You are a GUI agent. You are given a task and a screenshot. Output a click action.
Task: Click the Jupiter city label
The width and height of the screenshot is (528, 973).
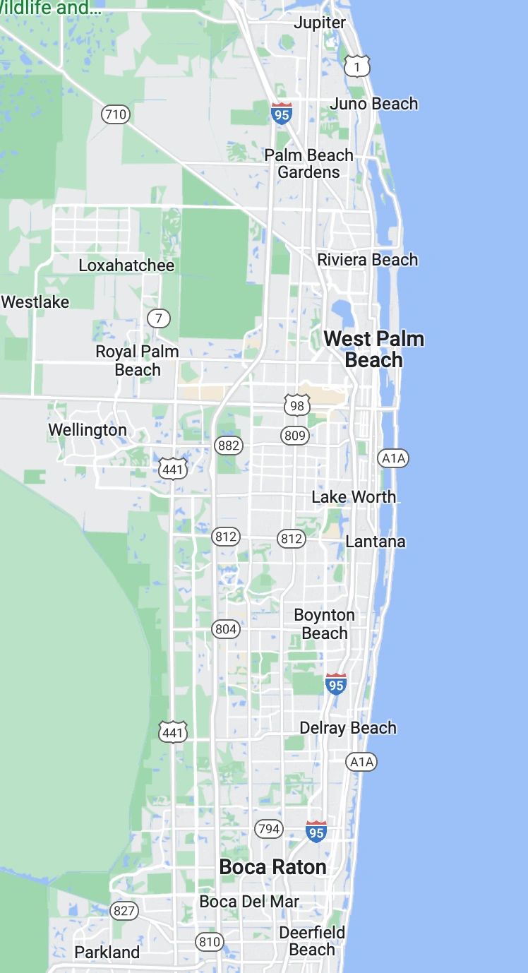(x=320, y=23)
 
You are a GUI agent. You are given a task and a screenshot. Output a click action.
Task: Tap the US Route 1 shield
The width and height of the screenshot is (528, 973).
(x=357, y=66)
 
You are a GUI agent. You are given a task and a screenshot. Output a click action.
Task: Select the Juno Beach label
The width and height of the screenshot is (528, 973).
(x=373, y=104)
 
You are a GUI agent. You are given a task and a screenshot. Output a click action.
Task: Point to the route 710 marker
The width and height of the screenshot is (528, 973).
(x=116, y=114)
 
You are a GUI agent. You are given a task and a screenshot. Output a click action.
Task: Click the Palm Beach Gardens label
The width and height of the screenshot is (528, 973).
(x=308, y=163)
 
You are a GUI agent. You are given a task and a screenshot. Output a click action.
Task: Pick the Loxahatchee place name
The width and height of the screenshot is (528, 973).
(x=126, y=265)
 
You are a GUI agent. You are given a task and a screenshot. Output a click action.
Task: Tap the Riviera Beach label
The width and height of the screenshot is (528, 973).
(x=367, y=260)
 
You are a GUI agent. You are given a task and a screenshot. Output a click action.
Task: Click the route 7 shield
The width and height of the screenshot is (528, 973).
(x=159, y=318)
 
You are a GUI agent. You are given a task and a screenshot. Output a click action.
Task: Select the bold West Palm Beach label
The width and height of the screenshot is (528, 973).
(x=373, y=349)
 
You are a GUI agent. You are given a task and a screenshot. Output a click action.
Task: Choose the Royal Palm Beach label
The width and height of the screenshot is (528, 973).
(x=138, y=360)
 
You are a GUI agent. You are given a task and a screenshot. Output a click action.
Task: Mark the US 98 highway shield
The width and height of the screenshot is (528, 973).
(x=297, y=405)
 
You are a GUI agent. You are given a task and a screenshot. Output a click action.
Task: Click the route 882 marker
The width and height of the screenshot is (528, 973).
(x=229, y=445)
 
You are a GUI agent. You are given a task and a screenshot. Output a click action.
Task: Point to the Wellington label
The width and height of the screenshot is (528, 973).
(x=88, y=429)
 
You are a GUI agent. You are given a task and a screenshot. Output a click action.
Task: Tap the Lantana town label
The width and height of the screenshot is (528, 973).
(x=376, y=542)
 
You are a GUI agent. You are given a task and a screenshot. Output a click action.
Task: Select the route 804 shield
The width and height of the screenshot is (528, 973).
(x=226, y=628)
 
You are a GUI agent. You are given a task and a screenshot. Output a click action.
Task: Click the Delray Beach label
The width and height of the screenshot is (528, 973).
(x=348, y=727)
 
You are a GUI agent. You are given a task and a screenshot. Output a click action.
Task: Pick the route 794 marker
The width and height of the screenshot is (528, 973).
(x=269, y=828)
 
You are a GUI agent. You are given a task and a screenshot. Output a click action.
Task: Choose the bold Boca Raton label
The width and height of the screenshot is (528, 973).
(x=272, y=867)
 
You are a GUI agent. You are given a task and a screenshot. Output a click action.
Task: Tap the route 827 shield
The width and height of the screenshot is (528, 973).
(x=124, y=910)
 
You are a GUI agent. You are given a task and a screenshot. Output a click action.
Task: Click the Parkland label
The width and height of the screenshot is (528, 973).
(x=107, y=952)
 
